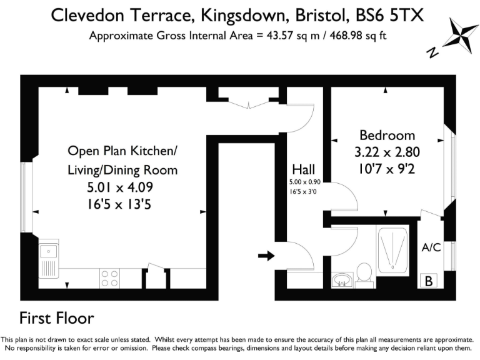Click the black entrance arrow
coord(266,255)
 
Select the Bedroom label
coord(387,135)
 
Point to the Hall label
coord(304,169)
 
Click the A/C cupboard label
coord(431,247)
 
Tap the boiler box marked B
coord(429,281)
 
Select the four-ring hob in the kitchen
coord(109,277)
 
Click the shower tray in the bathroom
coord(392,250)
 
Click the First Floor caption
coord(57,318)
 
